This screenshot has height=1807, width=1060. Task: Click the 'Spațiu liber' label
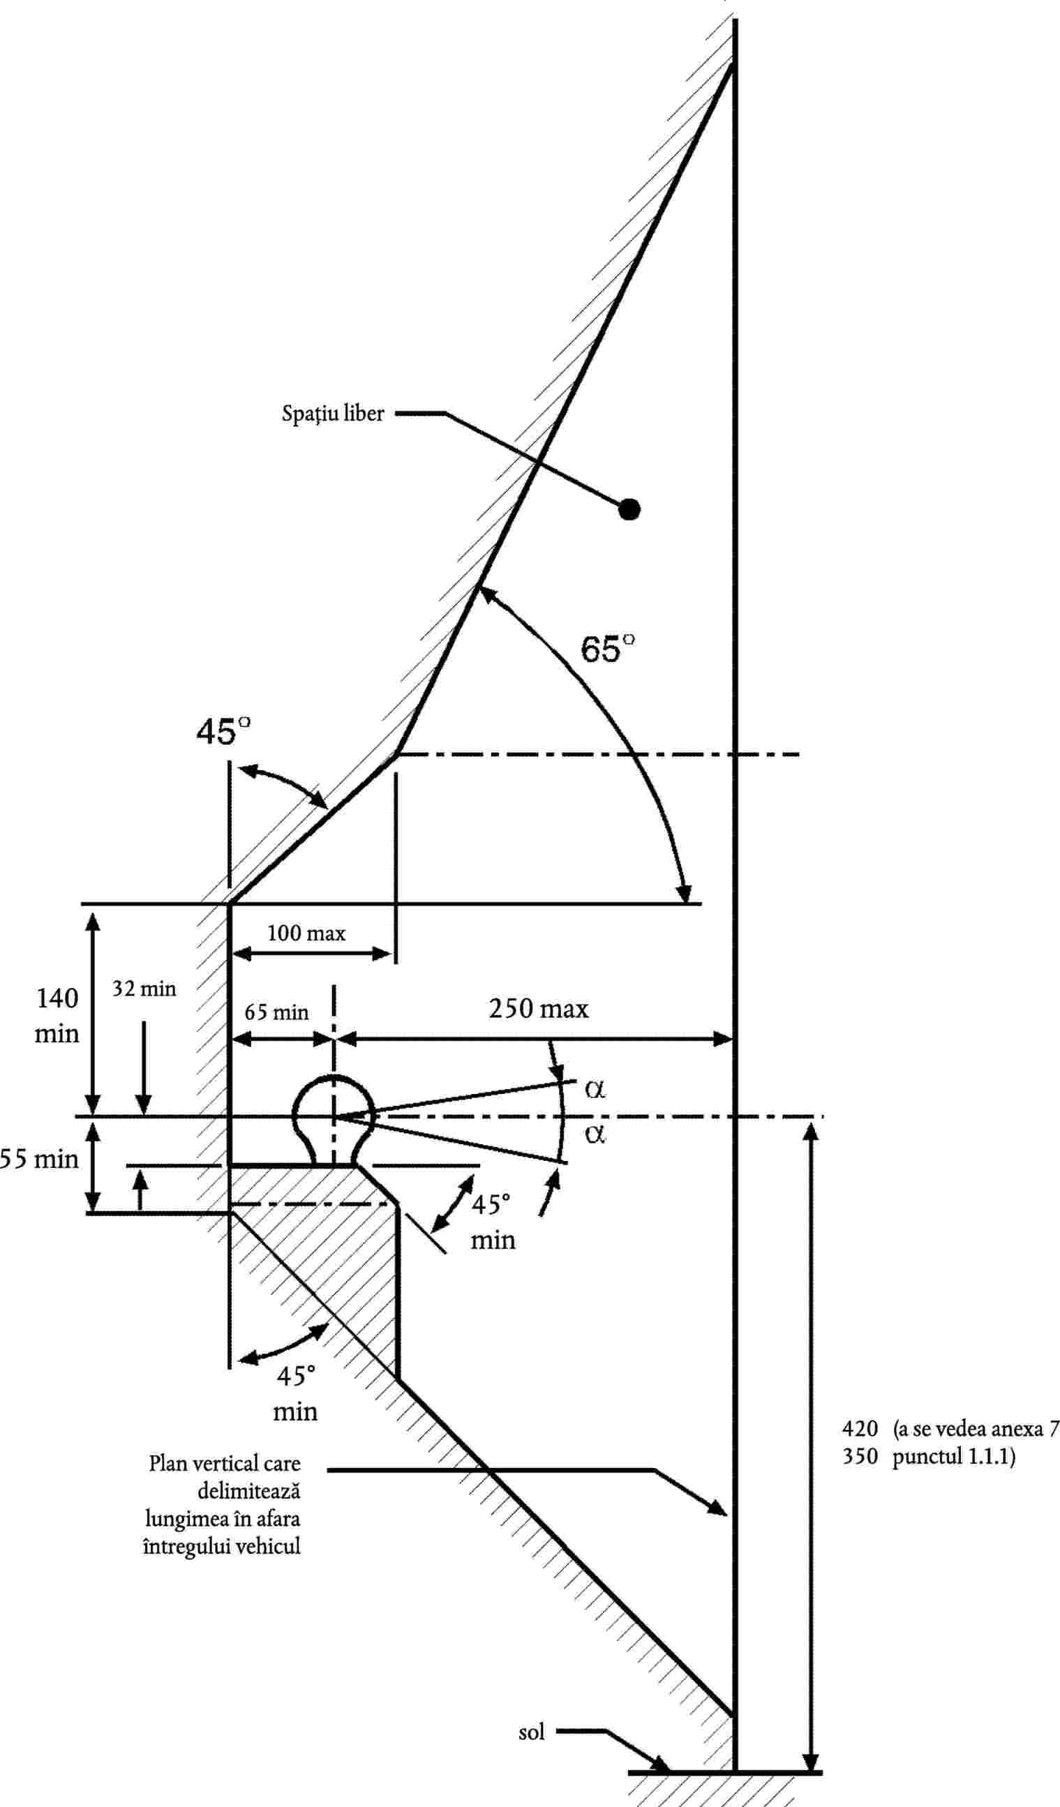[333, 414]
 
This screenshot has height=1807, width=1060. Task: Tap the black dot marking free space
[629, 509]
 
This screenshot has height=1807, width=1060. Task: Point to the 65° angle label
[607, 648]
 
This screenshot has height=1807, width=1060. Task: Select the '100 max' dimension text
[306, 933]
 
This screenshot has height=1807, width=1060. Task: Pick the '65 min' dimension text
[276, 1012]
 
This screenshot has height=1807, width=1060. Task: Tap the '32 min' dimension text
[144, 989]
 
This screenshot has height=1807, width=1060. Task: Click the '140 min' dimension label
[57, 1015]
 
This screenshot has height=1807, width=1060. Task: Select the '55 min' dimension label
[40, 1160]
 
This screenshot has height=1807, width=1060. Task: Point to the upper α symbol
[595, 1088]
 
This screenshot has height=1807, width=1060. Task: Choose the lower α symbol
[595, 1134]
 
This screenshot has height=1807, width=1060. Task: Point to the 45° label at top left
[224, 731]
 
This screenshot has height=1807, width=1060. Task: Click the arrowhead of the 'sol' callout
[661, 1768]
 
